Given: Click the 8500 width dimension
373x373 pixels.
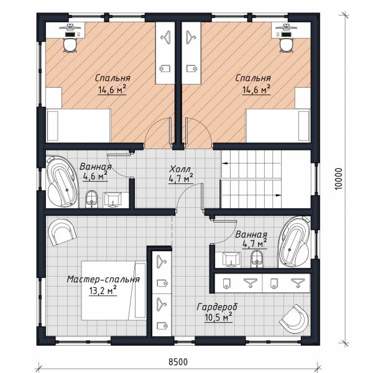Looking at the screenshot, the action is tap(178, 362).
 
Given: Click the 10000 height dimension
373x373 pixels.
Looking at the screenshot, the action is tap(339, 179).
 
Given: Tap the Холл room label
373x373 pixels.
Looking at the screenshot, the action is tap(180, 169).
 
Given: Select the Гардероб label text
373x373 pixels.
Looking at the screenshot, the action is tap(217, 307).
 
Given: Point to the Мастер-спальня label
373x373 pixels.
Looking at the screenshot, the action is tap(103, 279).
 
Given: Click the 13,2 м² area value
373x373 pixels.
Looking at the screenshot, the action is tap(103, 290).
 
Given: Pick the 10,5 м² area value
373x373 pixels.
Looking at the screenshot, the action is tap(218, 317).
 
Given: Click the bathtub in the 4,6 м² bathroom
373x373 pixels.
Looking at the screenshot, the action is tap(62, 182).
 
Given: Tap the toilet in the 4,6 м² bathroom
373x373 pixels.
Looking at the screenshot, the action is tap(91, 199).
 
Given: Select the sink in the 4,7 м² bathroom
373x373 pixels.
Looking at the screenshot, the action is tap(231, 259).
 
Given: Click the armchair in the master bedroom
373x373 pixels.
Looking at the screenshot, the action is tap(62, 232).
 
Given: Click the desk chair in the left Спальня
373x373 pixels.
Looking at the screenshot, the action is tap(70, 45).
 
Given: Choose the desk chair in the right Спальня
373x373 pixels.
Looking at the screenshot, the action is tap(286, 45).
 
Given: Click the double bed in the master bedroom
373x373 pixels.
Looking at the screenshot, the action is tap(114, 290).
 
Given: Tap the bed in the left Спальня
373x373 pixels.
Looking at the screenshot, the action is tap(79, 126).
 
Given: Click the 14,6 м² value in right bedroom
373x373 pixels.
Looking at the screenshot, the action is tap(256, 89).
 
